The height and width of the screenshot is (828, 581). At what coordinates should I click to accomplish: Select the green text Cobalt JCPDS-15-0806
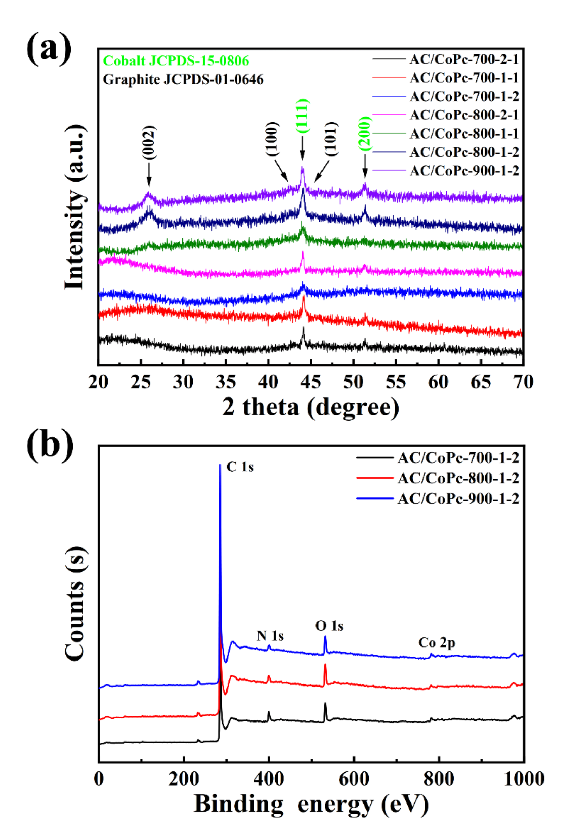tap(176, 61)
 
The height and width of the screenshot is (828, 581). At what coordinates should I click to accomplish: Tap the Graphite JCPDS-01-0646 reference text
tap(183, 79)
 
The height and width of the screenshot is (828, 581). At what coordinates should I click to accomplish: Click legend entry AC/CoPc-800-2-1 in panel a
tap(464, 115)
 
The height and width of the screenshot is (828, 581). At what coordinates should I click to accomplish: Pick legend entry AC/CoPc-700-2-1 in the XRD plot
tap(464, 59)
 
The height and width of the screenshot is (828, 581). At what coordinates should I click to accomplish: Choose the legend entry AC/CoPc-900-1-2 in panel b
tap(458, 499)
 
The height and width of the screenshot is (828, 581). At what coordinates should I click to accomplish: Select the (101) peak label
tap(331, 139)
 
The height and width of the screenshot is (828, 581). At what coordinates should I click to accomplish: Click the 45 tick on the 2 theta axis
tap(311, 382)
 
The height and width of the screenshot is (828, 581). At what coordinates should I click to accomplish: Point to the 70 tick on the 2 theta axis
tap(523, 382)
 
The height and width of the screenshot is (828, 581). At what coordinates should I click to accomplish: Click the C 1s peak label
tap(240, 467)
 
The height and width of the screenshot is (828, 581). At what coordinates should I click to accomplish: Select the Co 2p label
tap(437, 642)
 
